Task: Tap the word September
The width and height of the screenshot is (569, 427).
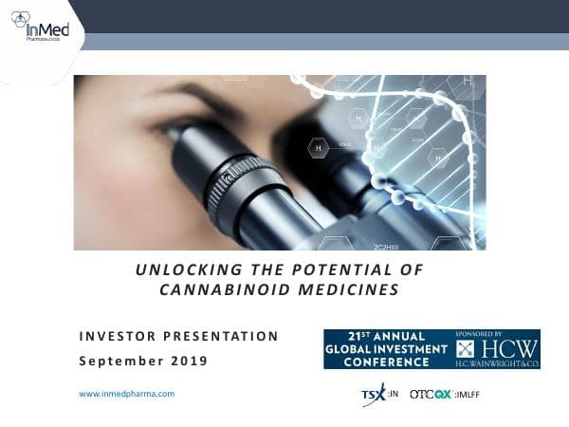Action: click(x=116, y=362)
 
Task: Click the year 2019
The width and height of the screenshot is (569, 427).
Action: click(x=186, y=362)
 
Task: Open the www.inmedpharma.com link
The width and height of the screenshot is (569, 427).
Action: click(x=126, y=393)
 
